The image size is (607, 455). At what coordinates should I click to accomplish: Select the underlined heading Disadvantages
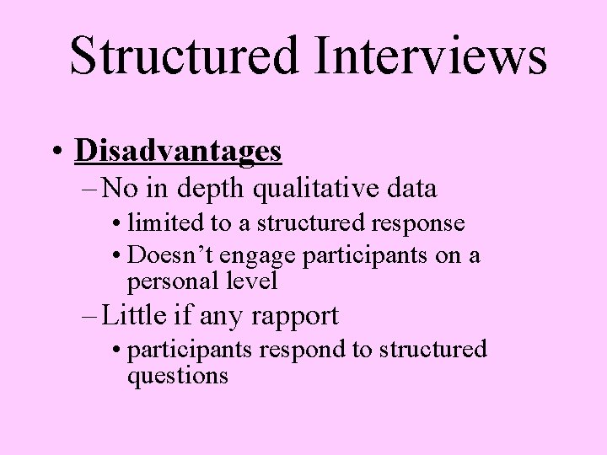coord(178,151)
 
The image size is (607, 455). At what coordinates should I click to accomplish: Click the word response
coord(421,225)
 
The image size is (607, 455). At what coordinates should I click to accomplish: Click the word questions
coord(177,376)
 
